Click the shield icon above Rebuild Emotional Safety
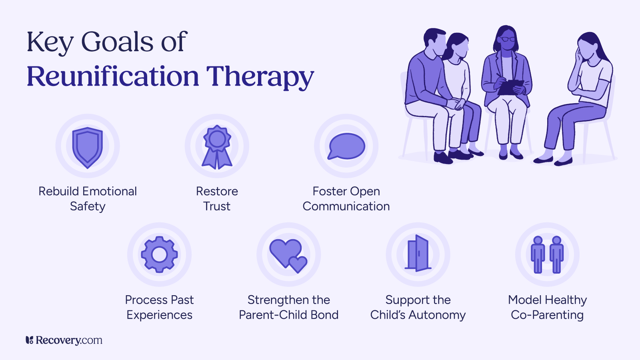88,147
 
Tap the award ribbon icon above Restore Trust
217,147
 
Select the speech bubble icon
346,146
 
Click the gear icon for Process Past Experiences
159,254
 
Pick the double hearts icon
288,255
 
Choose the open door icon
418,253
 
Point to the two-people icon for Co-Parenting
547,254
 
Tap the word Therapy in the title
260,77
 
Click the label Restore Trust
217,199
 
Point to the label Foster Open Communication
346,199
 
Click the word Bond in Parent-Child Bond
324,315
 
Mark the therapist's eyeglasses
508,39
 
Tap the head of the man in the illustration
435,41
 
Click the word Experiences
159,315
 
